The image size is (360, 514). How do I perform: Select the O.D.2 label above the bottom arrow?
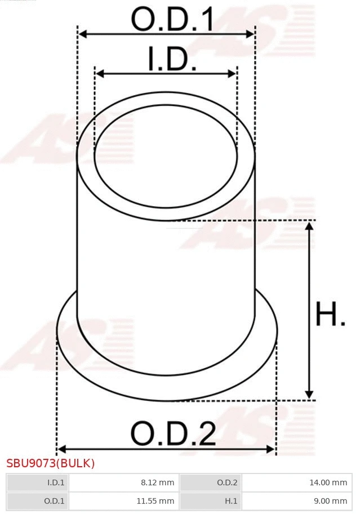click(173, 433)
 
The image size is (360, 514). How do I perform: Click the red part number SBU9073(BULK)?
click(51, 463)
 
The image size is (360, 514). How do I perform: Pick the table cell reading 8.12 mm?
click(123, 482)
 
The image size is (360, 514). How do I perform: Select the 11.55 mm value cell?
click(123, 500)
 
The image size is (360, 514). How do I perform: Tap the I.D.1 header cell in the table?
click(37, 482)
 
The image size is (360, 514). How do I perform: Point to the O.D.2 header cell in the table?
click(210, 482)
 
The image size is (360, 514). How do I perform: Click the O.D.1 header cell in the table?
click(37, 500)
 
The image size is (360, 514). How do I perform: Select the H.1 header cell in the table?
click(210, 500)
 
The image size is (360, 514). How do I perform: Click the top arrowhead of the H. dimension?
click(309, 226)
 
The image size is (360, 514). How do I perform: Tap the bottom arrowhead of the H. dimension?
click(309, 395)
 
